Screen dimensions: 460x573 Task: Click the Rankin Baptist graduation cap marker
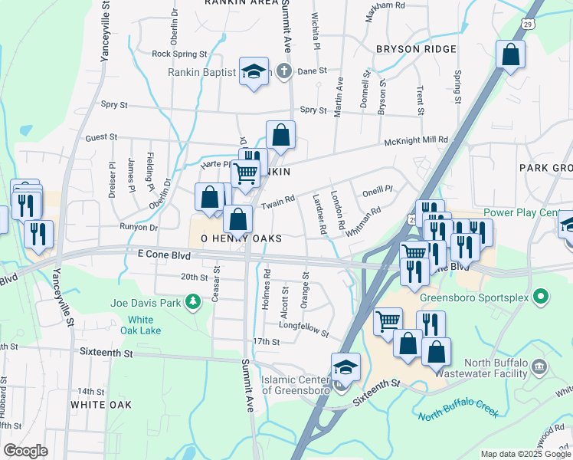(254, 71)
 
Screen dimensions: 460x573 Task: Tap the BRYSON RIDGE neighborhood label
(416, 49)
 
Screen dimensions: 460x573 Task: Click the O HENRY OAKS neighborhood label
(241, 239)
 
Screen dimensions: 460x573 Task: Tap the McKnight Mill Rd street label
(415, 140)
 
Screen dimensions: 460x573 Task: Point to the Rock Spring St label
(179, 54)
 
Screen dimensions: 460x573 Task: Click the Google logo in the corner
(26, 451)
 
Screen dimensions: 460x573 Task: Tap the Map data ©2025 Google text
(526, 454)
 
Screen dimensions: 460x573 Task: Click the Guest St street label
(101, 137)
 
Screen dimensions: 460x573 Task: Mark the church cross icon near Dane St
(284, 72)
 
